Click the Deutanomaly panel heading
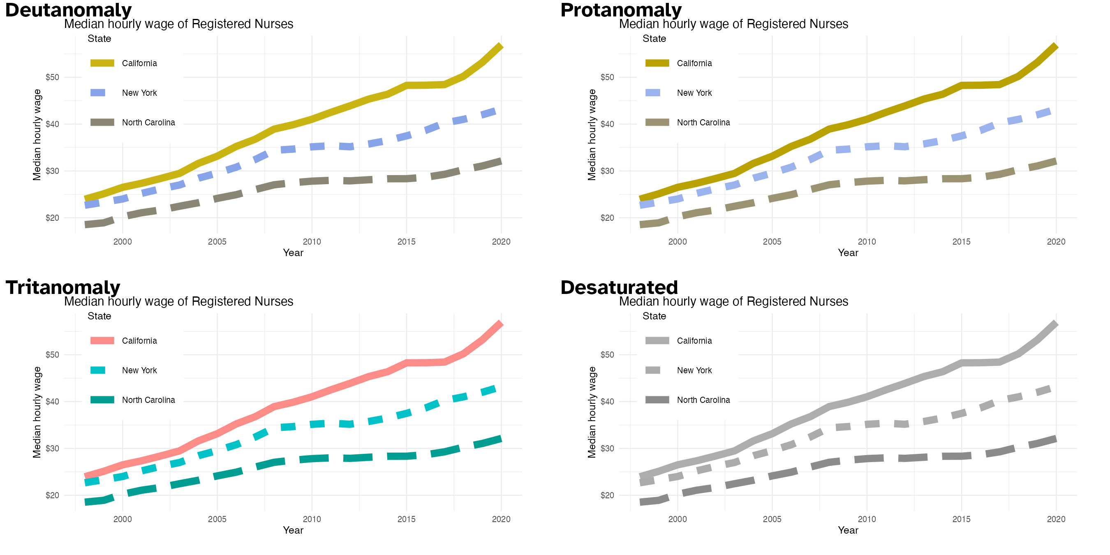click(68, 9)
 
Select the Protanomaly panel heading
click(621, 9)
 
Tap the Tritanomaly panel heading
click(62, 287)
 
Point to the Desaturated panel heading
click(619, 287)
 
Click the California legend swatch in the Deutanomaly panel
click(102, 63)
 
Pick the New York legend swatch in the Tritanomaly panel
click(98, 370)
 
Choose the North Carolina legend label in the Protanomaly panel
click(703, 123)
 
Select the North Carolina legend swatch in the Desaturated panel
click(657, 400)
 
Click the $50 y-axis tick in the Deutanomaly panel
click(52, 78)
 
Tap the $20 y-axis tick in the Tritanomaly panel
click(52, 495)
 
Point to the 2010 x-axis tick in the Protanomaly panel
click(867, 242)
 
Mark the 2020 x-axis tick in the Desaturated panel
click(1056, 519)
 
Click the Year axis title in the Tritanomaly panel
click(293, 530)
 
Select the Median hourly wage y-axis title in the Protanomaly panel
click(592, 135)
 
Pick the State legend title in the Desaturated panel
click(654, 316)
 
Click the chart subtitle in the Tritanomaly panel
click(178, 301)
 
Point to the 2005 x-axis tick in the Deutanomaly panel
click(217, 242)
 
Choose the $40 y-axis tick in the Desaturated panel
click(607, 402)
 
